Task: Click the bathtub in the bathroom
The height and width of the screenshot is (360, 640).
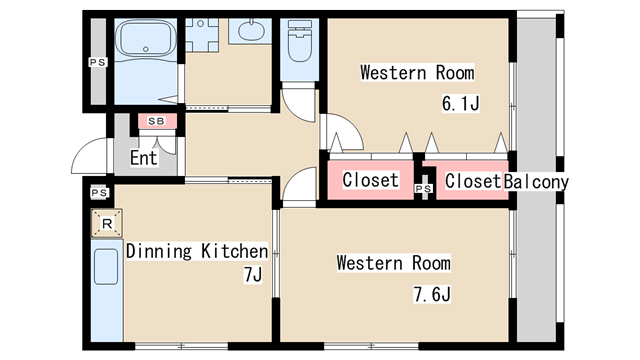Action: pyautogui.click(x=146, y=39)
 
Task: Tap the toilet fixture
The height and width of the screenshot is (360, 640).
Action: pyautogui.click(x=300, y=41)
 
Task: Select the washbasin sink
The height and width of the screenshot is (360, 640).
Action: pyautogui.click(x=250, y=30)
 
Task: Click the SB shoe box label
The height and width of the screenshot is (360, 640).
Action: pyautogui.click(x=157, y=121)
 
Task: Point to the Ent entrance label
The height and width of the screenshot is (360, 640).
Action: pyautogui.click(x=144, y=158)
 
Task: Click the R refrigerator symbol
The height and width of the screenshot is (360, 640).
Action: pyautogui.click(x=107, y=223)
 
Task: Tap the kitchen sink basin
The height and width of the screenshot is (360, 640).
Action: pyautogui.click(x=106, y=267)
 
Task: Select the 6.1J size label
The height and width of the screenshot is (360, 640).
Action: pyautogui.click(x=460, y=103)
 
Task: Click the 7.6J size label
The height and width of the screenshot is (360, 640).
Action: pyautogui.click(x=432, y=294)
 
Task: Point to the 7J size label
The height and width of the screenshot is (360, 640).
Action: pyautogui.click(x=253, y=275)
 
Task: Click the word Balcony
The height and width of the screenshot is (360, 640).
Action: pyautogui.click(x=536, y=182)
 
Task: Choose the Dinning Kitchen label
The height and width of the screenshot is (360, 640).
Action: pyautogui.click(x=197, y=251)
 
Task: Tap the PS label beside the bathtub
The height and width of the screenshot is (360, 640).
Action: pyautogui.click(x=98, y=62)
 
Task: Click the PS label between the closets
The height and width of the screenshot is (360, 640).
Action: pyautogui.click(x=423, y=189)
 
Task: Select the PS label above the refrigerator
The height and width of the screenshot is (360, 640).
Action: pyautogui.click(x=99, y=193)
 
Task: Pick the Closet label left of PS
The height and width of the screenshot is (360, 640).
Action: pyautogui.click(x=371, y=180)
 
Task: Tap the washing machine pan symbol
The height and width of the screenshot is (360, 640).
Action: pyautogui.click(x=202, y=35)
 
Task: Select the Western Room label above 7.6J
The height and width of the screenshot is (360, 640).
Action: pyautogui.click(x=394, y=263)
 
